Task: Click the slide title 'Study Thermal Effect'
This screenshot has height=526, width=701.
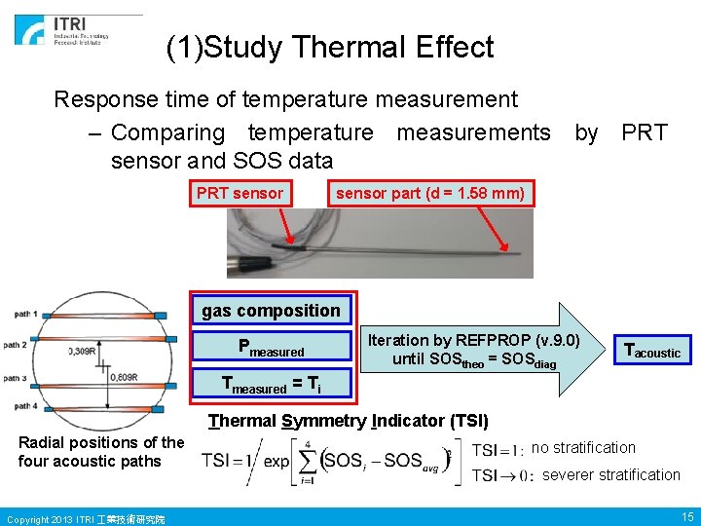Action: coord(330,47)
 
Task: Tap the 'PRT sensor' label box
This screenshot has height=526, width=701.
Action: coord(240,193)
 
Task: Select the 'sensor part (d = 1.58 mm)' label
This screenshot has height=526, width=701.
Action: coord(429,193)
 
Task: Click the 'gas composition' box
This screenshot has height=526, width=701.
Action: coord(271,311)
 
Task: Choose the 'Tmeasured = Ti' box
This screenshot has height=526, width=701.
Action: coord(271,386)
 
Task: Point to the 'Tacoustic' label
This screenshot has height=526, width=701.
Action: coord(651,351)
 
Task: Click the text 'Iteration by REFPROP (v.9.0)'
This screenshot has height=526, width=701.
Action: coord(473,340)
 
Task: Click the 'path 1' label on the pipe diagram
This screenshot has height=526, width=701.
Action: coord(26,314)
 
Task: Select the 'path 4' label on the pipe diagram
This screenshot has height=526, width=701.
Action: coord(26,406)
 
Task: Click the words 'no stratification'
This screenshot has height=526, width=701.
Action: coord(583,448)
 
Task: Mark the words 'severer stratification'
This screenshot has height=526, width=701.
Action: coord(610,475)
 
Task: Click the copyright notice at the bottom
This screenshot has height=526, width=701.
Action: coord(86,518)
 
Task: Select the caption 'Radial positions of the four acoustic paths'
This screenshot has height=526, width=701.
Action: coord(100,452)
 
